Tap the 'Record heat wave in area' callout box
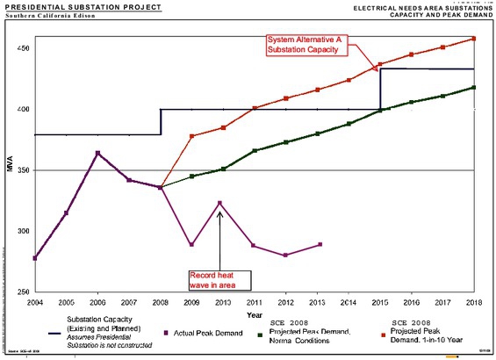[x=219, y=280]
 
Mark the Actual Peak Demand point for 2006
[x=97, y=153]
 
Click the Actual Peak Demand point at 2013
[x=320, y=244]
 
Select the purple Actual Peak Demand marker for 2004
[x=34, y=258]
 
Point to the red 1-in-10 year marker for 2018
[x=474, y=39]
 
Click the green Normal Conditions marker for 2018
[x=474, y=87]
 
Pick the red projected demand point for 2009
[x=192, y=136]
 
